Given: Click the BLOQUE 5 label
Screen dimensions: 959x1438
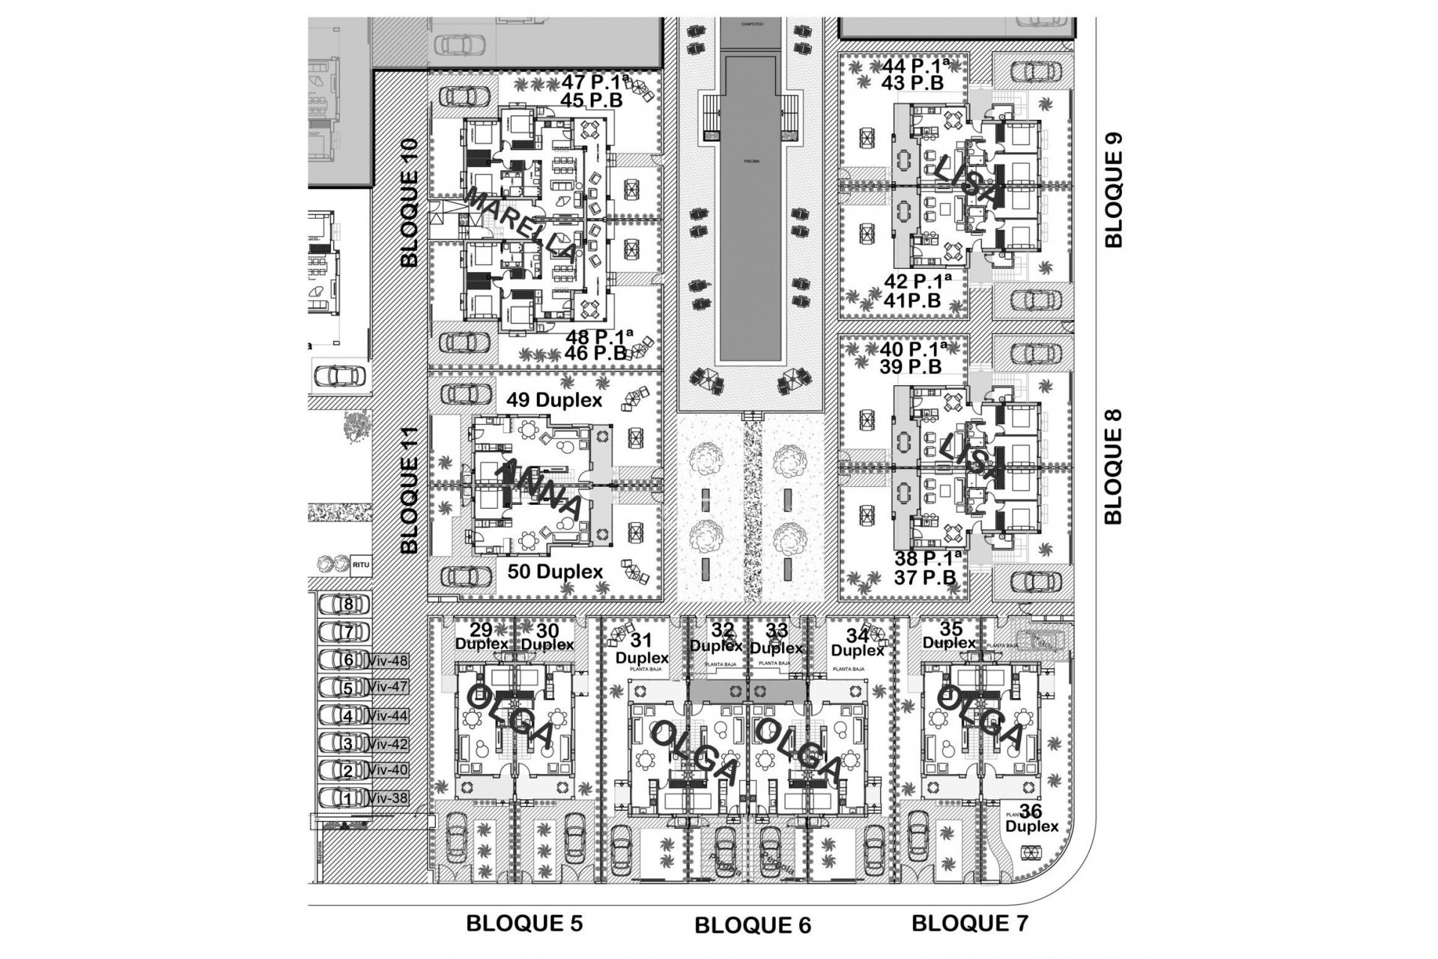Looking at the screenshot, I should click(x=524, y=923).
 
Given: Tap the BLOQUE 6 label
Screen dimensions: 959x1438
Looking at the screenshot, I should click(x=753, y=925).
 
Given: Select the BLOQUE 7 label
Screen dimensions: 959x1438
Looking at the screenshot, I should click(x=969, y=923).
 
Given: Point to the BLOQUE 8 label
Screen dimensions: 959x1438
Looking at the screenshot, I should click(x=1114, y=465).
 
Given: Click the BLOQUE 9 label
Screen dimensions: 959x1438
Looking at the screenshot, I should click(x=1114, y=190).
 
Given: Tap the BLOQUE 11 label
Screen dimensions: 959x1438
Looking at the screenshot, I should click(x=410, y=490).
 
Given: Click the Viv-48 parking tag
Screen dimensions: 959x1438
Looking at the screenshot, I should click(x=388, y=660).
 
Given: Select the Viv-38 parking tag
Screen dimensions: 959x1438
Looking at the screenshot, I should click(x=388, y=798).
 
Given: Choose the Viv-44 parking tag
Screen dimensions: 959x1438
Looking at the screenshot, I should click(x=388, y=716).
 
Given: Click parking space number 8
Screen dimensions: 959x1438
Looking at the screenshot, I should click(x=347, y=604).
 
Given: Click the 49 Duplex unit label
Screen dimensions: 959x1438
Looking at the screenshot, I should click(x=554, y=400).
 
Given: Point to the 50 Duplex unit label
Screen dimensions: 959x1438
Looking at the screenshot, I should click(x=555, y=572).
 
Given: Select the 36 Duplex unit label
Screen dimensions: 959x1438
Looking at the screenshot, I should click(x=1031, y=818).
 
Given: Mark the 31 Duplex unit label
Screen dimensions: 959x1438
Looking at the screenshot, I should click(x=642, y=649).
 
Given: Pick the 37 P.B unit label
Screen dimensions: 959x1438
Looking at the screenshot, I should click(x=924, y=578).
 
